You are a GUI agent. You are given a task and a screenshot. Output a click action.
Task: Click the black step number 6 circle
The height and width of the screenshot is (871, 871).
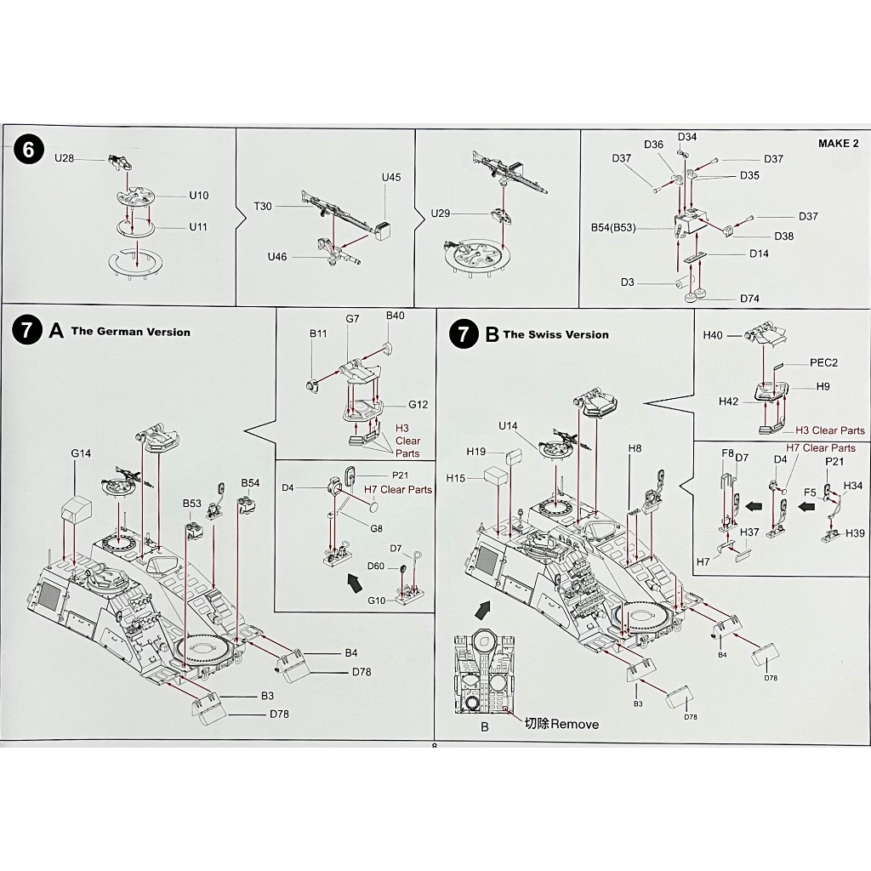click(29, 151)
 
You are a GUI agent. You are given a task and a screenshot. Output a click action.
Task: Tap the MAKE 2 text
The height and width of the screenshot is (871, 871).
click(839, 143)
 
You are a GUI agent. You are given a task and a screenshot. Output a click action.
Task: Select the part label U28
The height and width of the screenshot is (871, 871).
click(65, 157)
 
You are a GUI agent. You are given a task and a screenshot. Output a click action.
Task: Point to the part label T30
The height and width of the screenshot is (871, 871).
click(264, 206)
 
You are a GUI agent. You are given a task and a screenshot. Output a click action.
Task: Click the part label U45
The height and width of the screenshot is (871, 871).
click(391, 177)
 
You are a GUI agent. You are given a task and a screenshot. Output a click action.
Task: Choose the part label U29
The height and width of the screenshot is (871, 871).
click(441, 213)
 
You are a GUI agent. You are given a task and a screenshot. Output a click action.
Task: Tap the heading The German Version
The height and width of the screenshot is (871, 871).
click(131, 332)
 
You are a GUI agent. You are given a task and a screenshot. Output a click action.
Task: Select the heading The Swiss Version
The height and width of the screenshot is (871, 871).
click(556, 334)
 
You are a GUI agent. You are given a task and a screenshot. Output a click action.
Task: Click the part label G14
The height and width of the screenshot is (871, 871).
click(81, 453)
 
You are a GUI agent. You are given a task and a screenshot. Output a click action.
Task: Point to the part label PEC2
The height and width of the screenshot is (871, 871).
click(823, 362)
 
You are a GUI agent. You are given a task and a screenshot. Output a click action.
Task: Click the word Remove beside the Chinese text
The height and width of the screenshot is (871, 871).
click(574, 724)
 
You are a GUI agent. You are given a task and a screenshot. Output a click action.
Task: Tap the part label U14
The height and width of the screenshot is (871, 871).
click(508, 424)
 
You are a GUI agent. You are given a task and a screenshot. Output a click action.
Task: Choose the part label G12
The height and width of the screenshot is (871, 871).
click(418, 404)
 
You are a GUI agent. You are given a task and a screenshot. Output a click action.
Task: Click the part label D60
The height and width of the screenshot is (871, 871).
click(377, 566)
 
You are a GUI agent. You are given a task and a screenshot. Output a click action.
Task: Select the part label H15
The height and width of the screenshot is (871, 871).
click(455, 478)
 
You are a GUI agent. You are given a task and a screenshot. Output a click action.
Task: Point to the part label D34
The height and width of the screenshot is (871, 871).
click(687, 137)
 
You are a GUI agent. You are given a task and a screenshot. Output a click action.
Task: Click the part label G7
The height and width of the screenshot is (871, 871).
click(352, 318)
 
